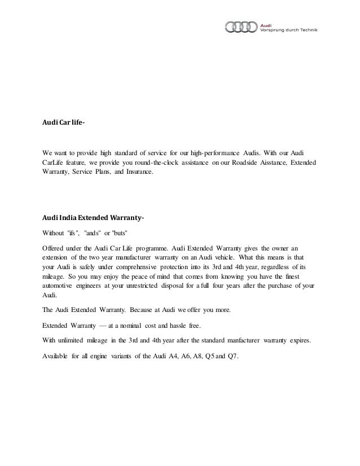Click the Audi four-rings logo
pyautogui.click(x=241, y=27)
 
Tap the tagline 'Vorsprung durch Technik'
pyautogui.click(x=288, y=29)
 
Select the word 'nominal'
pyautogui.click(x=139, y=326)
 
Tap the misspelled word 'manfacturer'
pyautogui.click(x=240, y=340)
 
